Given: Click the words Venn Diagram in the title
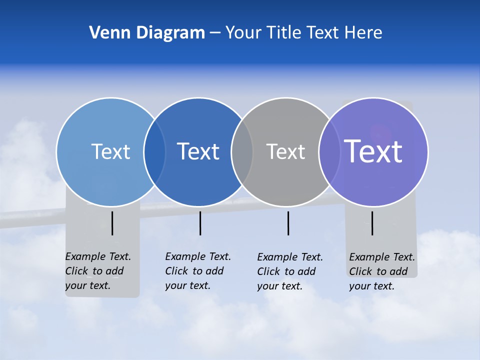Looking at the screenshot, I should click(x=147, y=33).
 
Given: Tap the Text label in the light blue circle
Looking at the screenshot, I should click(x=110, y=151).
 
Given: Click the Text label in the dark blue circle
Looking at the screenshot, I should click(x=198, y=151).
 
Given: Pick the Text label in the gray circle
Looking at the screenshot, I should click(x=285, y=151).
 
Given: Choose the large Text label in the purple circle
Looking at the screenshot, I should click(x=373, y=151).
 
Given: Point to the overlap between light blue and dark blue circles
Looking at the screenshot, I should click(x=154, y=152).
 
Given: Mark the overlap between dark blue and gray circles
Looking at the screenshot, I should click(x=242, y=152).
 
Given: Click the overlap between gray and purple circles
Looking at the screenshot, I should click(x=329, y=152).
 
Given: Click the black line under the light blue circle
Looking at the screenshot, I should click(x=112, y=223).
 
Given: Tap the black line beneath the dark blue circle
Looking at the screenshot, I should click(x=200, y=223).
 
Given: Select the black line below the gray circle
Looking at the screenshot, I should click(x=288, y=223).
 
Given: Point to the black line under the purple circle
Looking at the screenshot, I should click(x=372, y=223).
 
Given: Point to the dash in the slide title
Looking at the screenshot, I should click(x=215, y=33).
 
